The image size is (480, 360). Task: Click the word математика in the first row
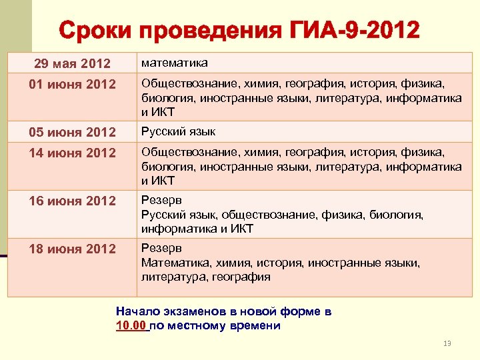click(174, 63)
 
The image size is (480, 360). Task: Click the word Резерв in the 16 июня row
click(161, 200)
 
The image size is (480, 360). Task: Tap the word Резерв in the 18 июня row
click(161, 248)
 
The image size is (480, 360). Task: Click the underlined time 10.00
click(131, 326)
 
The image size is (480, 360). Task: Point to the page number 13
click(447, 343)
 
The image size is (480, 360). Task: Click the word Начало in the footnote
click(137, 311)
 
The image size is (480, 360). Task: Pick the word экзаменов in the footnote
click(193, 311)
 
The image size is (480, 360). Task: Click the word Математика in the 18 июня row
click(172, 263)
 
